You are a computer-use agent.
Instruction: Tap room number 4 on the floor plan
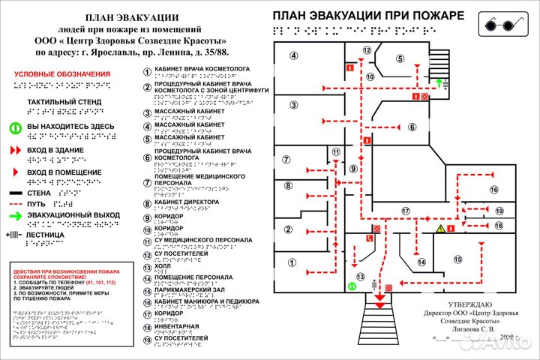click(x=294, y=55)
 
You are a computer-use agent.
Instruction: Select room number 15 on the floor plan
click(x=457, y=259)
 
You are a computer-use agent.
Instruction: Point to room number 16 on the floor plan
click(x=494, y=189)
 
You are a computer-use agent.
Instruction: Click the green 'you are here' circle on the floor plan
click(x=351, y=286)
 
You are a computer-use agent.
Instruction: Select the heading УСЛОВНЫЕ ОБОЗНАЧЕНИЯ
click(x=62, y=74)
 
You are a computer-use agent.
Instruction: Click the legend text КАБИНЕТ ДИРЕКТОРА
click(x=187, y=202)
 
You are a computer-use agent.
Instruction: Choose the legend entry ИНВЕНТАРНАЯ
click(x=177, y=326)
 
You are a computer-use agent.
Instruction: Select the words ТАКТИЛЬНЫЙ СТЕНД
click(x=64, y=101)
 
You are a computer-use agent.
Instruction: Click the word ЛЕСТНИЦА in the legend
click(x=45, y=235)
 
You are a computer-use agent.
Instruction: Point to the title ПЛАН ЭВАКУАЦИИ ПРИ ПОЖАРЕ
click(x=367, y=15)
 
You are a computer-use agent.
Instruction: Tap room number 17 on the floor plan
click(x=406, y=211)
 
